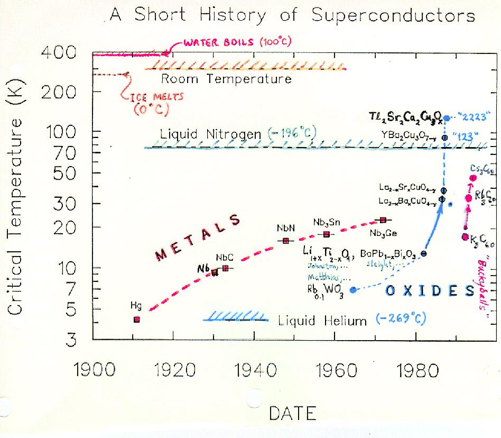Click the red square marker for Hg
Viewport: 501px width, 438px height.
pos(136,319)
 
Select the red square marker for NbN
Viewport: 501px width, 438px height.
pos(286,241)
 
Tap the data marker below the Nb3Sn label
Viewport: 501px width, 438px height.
pos(327,234)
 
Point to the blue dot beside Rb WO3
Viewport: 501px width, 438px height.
pos(353,289)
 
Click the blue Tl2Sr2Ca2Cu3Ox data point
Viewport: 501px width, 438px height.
pos(446,118)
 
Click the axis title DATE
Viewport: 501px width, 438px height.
pos(292,413)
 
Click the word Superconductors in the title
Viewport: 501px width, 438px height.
pos(393,16)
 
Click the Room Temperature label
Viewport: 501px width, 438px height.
pos(226,79)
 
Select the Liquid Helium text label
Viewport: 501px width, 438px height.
pos(322,321)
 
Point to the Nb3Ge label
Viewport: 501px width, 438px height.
pos(383,233)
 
